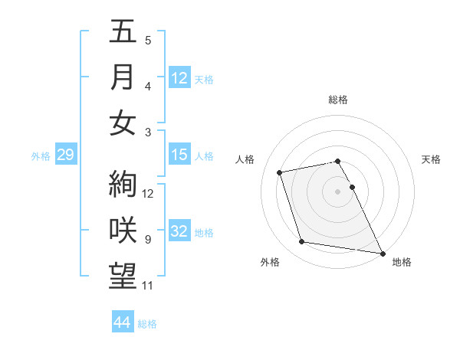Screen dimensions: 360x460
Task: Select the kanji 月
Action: tap(123, 77)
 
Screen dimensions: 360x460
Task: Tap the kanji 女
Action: tap(123, 123)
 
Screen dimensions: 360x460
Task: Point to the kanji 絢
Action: tap(123, 184)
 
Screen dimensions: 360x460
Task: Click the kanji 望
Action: tap(123, 276)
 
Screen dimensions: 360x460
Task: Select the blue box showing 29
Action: tap(65, 155)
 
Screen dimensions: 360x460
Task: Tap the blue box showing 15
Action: tap(179, 155)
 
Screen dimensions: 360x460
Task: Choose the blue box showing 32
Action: tap(179, 232)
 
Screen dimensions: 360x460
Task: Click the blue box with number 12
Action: tap(179, 78)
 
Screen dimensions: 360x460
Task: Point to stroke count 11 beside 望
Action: tap(149, 286)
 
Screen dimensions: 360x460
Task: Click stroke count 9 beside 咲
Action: tap(148, 240)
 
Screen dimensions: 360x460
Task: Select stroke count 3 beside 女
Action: tap(148, 132)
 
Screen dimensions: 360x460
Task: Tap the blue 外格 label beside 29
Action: tap(41, 156)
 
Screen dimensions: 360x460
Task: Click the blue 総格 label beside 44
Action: tap(147, 324)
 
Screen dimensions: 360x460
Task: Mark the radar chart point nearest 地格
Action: tap(382, 253)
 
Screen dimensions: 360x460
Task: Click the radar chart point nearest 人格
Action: tap(280, 172)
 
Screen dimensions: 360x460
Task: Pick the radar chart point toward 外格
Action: tap(302, 242)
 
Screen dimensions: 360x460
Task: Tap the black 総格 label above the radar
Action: tap(338, 100)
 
